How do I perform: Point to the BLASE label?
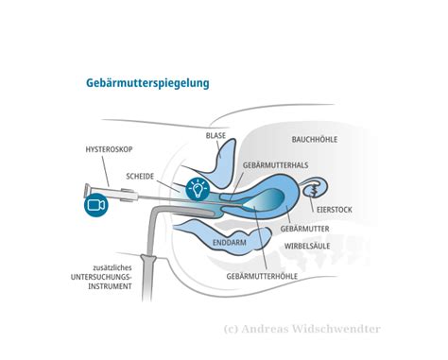[x=217, y=136]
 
